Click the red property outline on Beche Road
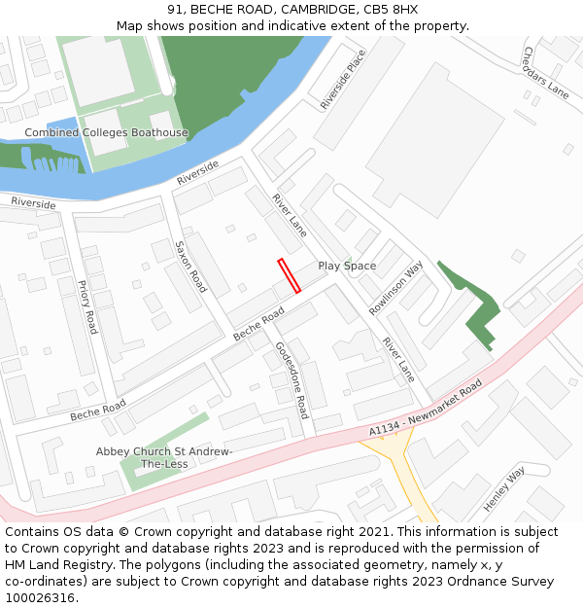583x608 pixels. coord(289,275)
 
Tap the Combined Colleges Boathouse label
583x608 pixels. coord(106,132)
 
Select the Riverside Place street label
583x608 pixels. coord(343,80)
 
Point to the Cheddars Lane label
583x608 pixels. coord(545,73)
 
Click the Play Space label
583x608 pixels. coord(347,266)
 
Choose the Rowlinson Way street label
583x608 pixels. coord(396,288)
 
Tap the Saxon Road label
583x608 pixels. coord(190,267)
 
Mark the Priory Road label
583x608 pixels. coord(87,306)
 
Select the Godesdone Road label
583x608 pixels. coord(291,379)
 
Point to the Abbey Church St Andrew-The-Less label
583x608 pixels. coord(163,458)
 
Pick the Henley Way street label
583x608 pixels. coord(504,489)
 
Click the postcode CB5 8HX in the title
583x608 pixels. coord(390,9)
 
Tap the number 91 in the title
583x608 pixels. coord(175,9)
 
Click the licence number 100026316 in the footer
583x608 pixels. coord(40,597)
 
